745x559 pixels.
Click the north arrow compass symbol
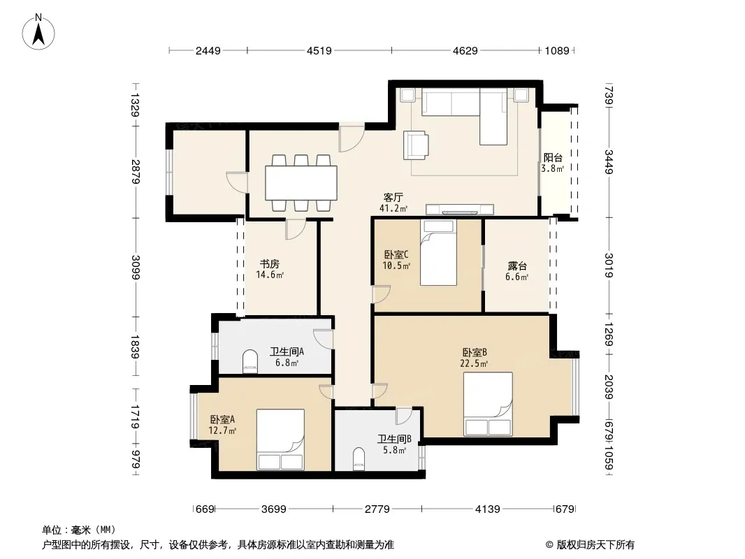[x=38, y=32]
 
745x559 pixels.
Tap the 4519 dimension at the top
[x=319, y=50]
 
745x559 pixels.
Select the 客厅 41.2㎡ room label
[x=393, y=203]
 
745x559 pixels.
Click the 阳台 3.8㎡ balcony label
[x=553, y=163]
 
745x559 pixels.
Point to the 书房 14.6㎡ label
[x=269, y=269]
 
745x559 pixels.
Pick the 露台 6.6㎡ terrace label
[x=517, y=271]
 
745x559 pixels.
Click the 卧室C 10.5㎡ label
[x=396, y=260]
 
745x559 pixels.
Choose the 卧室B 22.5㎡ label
[x=474, y=358]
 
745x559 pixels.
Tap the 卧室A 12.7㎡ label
[x=222, y=425]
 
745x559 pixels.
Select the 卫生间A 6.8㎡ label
[x=287, y=357]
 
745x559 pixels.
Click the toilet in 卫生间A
[x=250, y=361]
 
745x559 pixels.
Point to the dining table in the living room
[x=301, y=183]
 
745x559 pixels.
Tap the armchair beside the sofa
[x=417, y=145]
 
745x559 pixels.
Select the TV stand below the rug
[x=459, y=210]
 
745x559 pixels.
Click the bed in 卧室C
[x=438, y=252]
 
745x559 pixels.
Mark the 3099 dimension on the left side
[x=136, y=268]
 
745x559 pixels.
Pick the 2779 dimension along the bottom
[x=377, y=509]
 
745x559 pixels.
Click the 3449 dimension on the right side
[x=609, y=162]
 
